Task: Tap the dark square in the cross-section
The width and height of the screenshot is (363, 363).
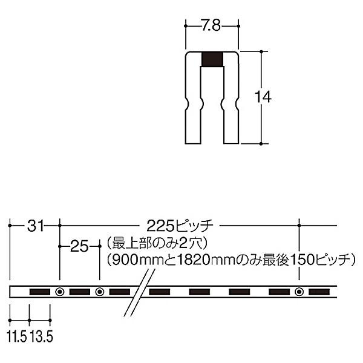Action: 212,59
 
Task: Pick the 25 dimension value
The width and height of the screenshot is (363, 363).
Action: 79,246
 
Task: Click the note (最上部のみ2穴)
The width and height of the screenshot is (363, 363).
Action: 156,244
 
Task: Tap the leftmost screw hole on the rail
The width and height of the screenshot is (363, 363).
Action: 59,292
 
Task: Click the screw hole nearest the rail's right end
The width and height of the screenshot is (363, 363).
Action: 299,292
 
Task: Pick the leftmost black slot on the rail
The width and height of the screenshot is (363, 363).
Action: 39,292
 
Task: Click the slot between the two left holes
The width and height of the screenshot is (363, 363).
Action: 79,292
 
